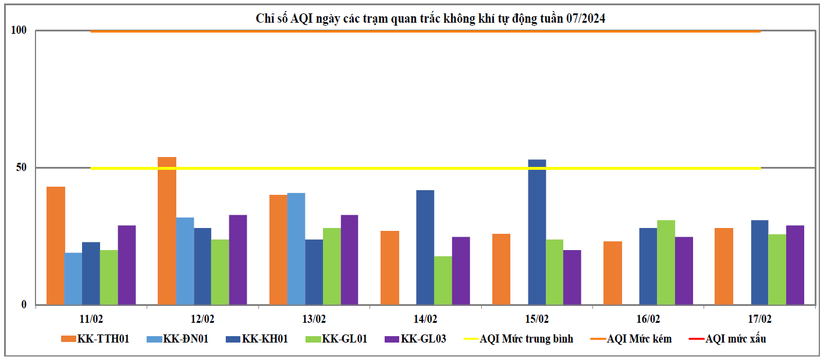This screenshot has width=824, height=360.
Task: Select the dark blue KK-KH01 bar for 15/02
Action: (537, 232)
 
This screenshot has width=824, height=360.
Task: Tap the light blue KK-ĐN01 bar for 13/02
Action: (296, 249)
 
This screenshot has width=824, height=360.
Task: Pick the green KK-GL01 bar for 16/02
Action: (666, 262)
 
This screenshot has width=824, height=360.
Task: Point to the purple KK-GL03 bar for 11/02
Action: (126, 265)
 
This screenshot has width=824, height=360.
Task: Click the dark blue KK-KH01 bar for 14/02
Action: (425, 247)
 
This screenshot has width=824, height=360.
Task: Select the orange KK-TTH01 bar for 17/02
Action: (724, 266)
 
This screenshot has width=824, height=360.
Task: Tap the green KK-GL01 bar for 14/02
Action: (443, 280)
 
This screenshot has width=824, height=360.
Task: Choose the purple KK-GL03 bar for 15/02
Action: (572, 277)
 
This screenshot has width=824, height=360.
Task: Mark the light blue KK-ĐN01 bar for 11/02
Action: (73, 279)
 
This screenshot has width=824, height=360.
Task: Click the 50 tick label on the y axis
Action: (20, 167)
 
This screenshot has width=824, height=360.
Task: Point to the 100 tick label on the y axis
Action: (19, 30)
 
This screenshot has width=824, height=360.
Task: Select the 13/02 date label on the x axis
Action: (314, 319)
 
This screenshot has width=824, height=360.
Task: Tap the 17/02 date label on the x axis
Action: (760, 319)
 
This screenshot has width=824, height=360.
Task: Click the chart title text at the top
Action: (431, 19)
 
